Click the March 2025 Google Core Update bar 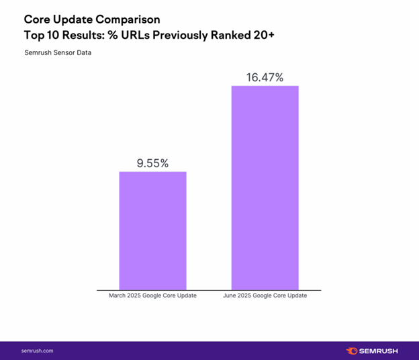[152, 230]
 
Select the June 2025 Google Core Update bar [265, 187]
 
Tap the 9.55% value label [152, 163]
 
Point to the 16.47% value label [265, 77]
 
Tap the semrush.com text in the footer [38, 351]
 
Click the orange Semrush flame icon [352, 351]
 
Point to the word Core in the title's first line [39, 19]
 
